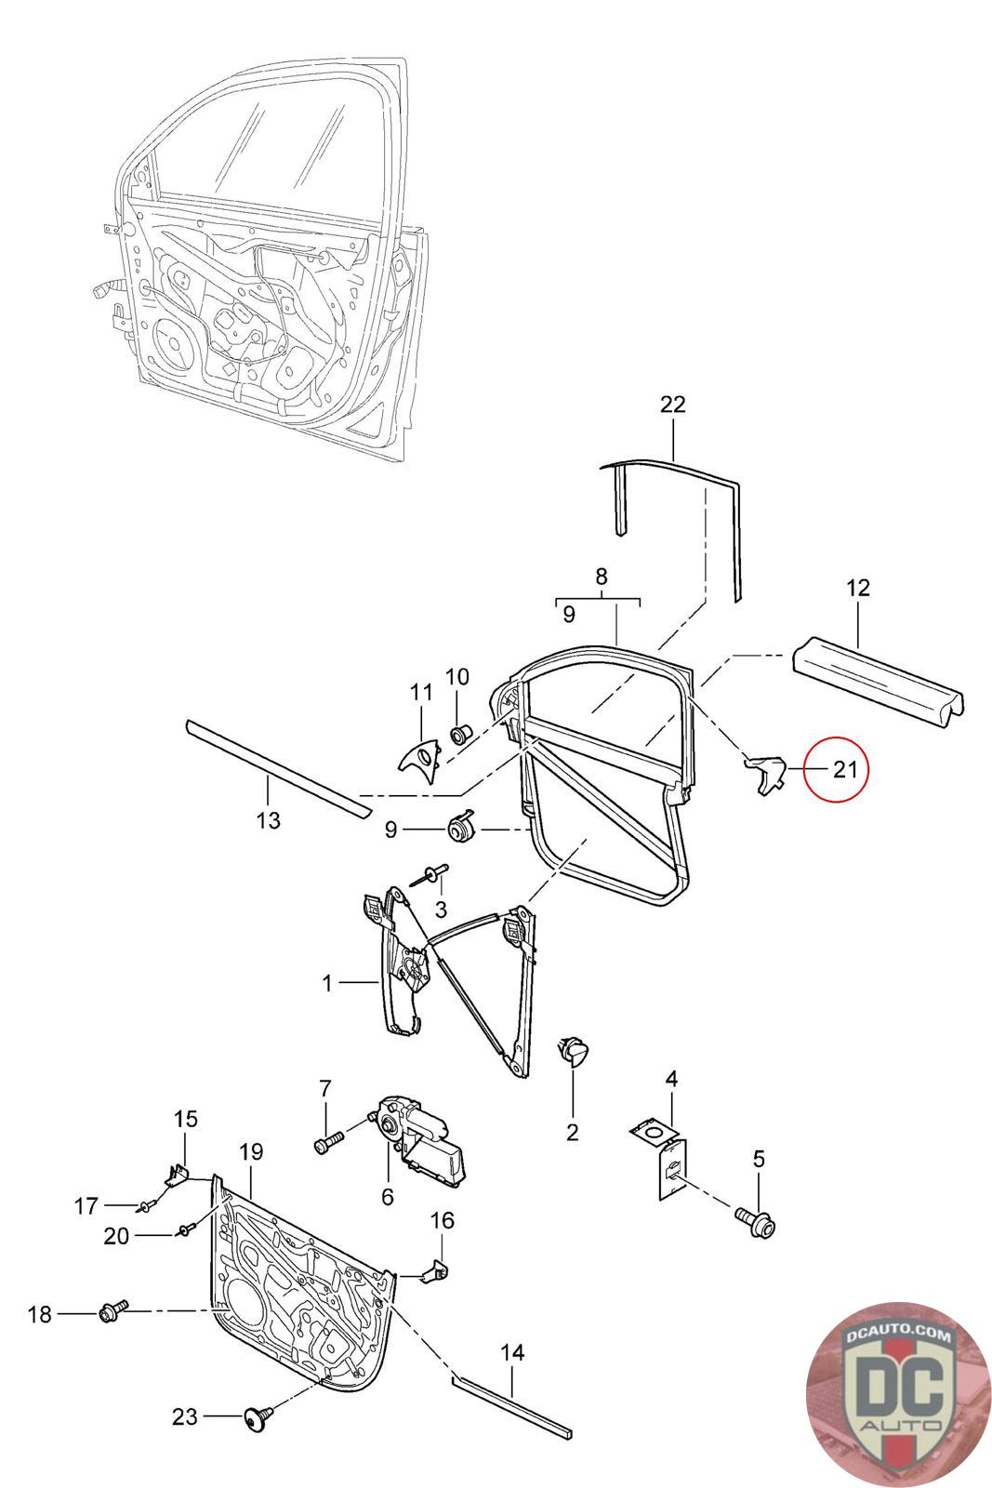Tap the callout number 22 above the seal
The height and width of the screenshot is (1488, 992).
tap(672, 405)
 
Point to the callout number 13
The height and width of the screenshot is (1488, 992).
tap(268, 821)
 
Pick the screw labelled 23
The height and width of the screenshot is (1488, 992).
tap(254, 1417)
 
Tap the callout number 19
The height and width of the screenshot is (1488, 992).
tap(252, 1152)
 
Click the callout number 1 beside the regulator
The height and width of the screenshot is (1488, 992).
tap(327, 982)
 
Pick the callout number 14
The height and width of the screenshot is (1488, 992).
tap(511, 1352)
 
